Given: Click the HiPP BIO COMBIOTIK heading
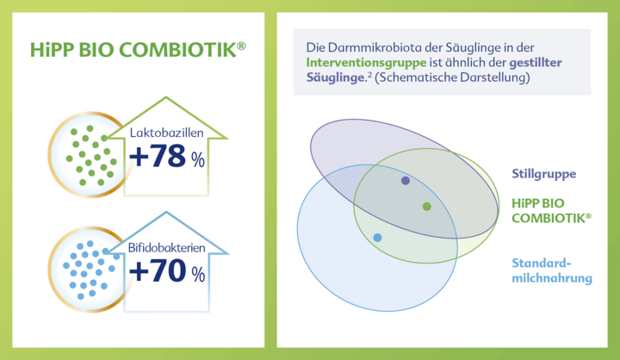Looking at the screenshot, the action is pyautogui.click(x=138, y=50).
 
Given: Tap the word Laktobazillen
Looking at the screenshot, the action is pyautogui.click(x=166, y=133).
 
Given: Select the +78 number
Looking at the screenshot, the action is pyautogui.click(x=158, y=156).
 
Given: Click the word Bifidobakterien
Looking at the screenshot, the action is pyautogui.click(x=166, y=248).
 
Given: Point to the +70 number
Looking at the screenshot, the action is pyautogui.click(x=158, y=270).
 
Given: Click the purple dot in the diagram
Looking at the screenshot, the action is pyautogui.click(x=406, y=181).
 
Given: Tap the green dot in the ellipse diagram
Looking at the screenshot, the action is pyautogui.click(x=426, y=207).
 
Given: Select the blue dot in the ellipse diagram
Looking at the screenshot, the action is pyautogui.click(x=378, y=238).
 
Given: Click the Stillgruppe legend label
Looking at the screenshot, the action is pyautogui.click(x=543, y=174).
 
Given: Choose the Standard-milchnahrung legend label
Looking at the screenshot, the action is pyautogui.click(x=552, y=270).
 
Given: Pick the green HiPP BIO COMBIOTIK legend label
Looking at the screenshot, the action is pyautogui.click(x=552, y=210).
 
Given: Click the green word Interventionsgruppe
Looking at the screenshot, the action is pyautogui.click(x=366, y=63).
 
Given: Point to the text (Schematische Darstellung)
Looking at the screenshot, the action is pyautogui.click(x=452, y=78).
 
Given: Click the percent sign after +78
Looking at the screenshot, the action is pyautogui.click(x=198, y=160).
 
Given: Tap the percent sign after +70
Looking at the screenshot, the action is pyautogui.click(x=199, y=274).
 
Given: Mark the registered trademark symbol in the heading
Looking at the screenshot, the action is pyautogui.click(x=241, y=46).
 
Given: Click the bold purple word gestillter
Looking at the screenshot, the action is pyautogui.click(x=536, y=63).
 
